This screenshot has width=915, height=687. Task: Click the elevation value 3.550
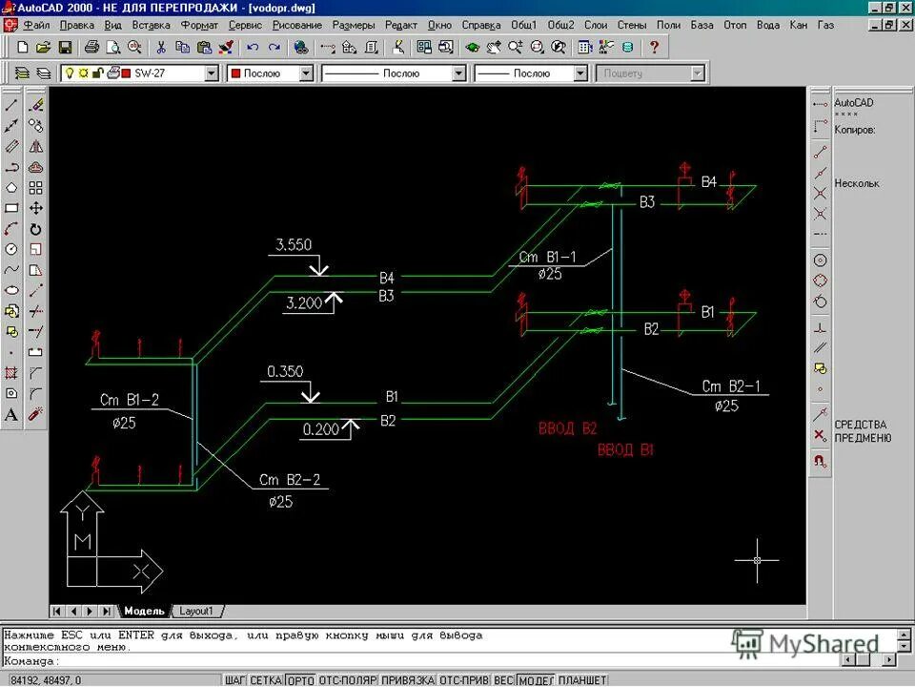pos(293,245)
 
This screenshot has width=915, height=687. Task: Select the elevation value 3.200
pos(305,303)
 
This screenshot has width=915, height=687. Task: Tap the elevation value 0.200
pos(321,429)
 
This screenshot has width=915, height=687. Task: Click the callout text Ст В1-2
pos(129,400)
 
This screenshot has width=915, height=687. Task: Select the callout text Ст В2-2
pos(289,480)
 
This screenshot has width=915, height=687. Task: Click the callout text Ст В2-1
pos(732,386)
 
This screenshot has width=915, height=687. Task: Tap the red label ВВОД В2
pos(567,429)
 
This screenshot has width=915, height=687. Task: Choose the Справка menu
pos(480,25)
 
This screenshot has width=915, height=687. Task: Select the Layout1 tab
pos(196,611)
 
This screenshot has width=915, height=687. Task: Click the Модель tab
pos(144,611)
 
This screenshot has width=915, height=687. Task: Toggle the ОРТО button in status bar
pos(299,680)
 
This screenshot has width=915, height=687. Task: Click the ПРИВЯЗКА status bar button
pos(407,680)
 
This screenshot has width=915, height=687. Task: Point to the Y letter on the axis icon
pos(83,513)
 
